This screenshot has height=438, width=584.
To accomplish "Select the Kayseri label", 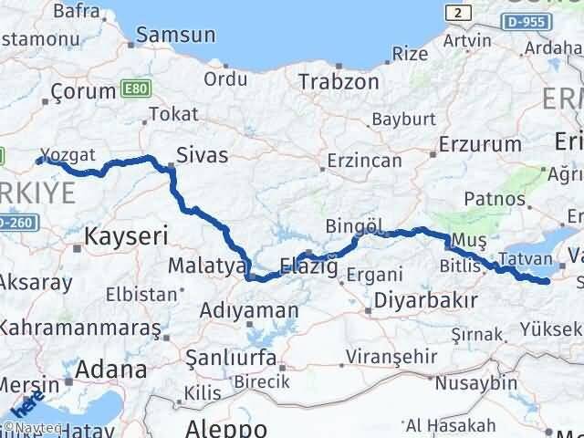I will pos(126,237).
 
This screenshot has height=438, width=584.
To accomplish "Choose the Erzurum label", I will pos(479,144).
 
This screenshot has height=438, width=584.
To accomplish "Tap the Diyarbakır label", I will pos(427,300).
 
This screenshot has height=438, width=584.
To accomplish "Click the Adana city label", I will pos(112,370).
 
